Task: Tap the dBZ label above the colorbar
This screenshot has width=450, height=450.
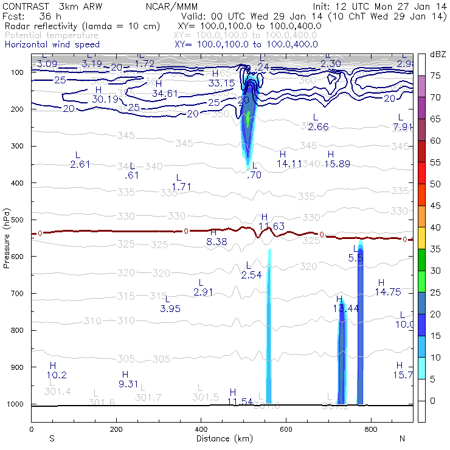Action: pyautogui.click(x=437, y=54)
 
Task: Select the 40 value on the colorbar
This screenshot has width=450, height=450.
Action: pyautogui.click(x=435, y=227)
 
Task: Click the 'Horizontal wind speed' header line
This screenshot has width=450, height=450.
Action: pyautogui.click(x=52, y=44)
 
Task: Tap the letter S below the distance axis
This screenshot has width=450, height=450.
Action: pyautogui.click(x=52, y=438)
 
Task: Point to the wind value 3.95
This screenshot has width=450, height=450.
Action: pyautogui.click(x=170, y=308)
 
